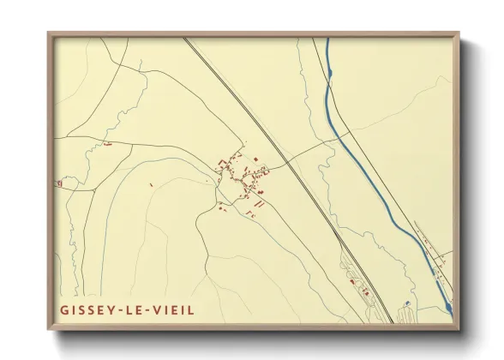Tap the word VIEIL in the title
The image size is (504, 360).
(x=173, y=309)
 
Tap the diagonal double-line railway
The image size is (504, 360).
(x=283, y=154)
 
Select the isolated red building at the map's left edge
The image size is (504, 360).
(x=59, y=183)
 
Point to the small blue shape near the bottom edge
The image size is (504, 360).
(x=407, y=303)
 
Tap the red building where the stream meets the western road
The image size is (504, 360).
(x=108, y=145)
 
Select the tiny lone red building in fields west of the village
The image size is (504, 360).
(x=151, y=184)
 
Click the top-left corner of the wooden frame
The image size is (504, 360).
(x=49, y=35)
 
